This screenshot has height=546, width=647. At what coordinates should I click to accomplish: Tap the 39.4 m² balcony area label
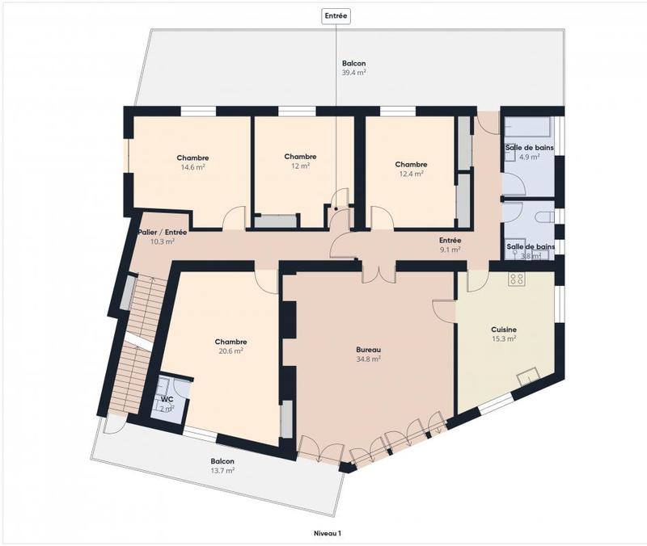point(353,67)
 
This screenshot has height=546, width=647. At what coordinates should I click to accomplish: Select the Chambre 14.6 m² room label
point(192,162)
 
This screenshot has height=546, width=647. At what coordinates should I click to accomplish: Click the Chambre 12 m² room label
point(299,161)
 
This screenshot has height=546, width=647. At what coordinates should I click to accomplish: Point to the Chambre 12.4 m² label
point(411,168)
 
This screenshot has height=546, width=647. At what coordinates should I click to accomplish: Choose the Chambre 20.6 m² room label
point(230,346)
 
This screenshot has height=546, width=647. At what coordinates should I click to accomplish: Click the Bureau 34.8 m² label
point(368,354)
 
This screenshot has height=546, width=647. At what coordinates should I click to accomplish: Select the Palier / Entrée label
point(162,236)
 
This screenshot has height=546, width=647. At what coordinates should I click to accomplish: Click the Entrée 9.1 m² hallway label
point(450,245)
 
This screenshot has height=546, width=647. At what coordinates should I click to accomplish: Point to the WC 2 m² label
point(167,403)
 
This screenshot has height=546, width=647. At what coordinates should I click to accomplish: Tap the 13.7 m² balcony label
point(222,466)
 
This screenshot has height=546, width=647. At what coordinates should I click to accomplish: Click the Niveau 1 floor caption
point(328,534)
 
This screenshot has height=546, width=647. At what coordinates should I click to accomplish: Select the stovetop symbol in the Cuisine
point(517,279)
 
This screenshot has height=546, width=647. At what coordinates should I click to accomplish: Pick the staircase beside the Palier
point(134,343)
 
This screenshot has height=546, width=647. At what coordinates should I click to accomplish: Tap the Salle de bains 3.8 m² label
point(531,250)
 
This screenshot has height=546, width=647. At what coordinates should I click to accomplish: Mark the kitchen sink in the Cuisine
point(530,375)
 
